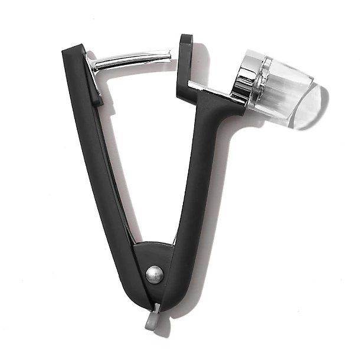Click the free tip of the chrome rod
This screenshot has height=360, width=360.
pos(169,55)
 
